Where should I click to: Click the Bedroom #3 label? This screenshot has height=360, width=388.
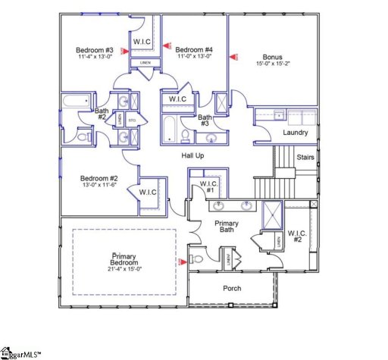(94, 51)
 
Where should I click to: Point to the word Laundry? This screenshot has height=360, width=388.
(295, 133)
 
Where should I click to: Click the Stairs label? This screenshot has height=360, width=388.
(305, 158)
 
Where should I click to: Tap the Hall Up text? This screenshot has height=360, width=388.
(193, 155)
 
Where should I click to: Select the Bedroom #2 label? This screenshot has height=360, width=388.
(99, 180)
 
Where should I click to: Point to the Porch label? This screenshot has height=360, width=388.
(232, 289)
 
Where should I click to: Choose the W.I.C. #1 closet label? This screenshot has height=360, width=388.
(208, 187)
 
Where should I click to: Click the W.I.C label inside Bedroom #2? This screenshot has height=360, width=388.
(147, 193)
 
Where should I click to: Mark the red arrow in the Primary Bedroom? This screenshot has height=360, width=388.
(181, 262)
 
